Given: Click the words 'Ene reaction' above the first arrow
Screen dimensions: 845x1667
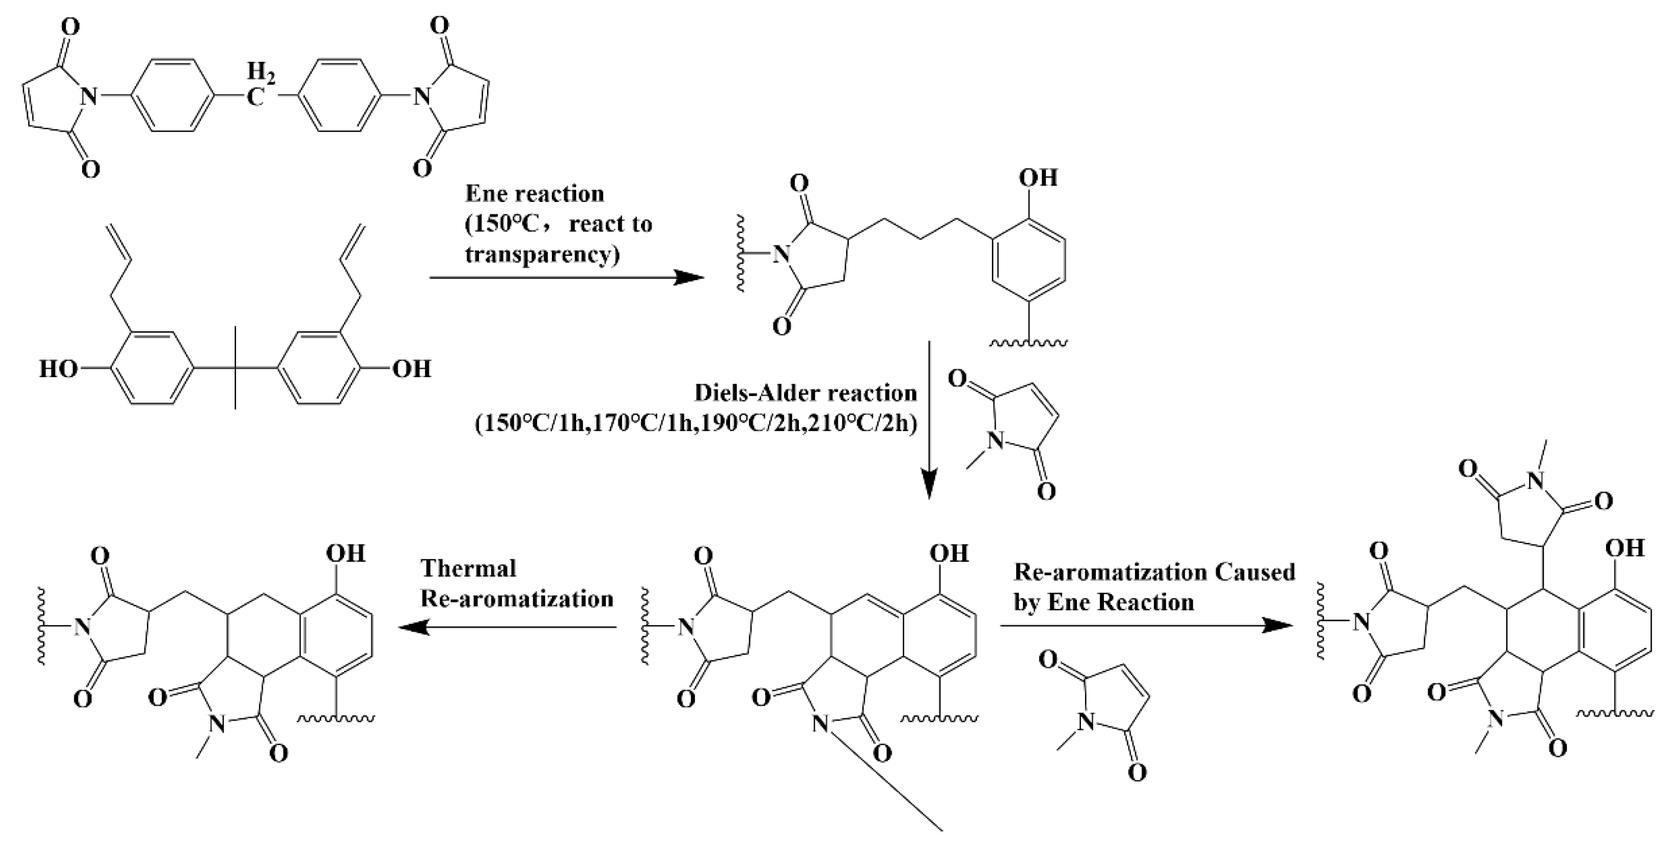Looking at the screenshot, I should (535, 194).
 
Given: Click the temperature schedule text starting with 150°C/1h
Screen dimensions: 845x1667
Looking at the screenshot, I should (696, 424).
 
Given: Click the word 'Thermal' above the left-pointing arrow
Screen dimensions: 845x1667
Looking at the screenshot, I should (469, 569).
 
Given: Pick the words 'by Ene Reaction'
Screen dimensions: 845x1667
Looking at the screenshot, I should (1103, 602).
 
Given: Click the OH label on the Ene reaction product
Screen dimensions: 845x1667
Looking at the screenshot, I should (1038, 177).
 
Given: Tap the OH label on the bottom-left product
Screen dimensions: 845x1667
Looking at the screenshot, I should (345, 553).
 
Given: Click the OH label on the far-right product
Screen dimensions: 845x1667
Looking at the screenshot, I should (1625, 548).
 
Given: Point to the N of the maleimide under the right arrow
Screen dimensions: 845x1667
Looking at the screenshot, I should (1088, 722).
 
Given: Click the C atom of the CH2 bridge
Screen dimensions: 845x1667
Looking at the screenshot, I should (257, 99).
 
